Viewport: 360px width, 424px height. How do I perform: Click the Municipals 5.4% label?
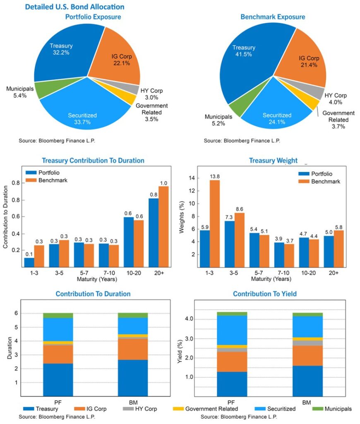click(x=17, y=92)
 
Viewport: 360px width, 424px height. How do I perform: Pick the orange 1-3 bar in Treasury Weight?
click(x=214, y=224)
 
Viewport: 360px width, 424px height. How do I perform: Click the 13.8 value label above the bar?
click(x=214, y=176)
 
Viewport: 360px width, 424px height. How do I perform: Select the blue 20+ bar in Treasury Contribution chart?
click(x=154, y=233)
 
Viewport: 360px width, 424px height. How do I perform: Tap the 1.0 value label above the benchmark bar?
click(x=164, y=183)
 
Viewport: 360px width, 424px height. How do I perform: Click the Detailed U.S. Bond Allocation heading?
click(x=74, y=7)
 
